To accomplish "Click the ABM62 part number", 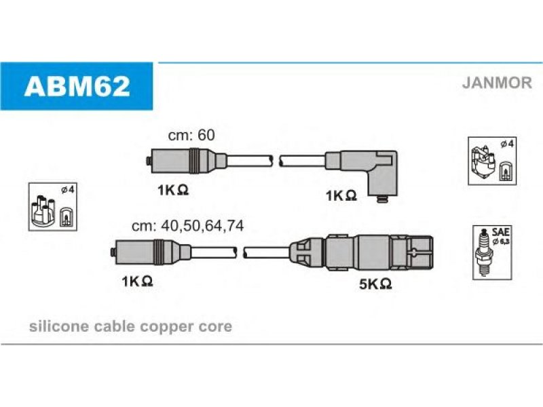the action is click(77, 86).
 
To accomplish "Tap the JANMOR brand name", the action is click(497, 83).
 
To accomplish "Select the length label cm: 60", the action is click(191, 135).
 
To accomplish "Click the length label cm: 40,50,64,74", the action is click(188, 226).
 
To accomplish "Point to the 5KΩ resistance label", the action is click(375, 284).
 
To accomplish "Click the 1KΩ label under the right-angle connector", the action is click(341, 195).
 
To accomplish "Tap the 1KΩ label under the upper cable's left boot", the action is click(173, 190).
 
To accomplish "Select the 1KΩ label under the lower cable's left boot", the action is click(137, 281).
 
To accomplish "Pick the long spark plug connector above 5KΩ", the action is click(361, 252).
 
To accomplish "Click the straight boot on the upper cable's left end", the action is click(186, 161).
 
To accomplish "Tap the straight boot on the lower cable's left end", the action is click(151, 252).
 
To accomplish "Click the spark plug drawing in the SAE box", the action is click(484, 252).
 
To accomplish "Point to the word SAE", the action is click(500, 232).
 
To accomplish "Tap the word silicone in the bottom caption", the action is click(59, 326).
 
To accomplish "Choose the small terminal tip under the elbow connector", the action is click(381, 199).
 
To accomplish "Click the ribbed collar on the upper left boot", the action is click(195, 161).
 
